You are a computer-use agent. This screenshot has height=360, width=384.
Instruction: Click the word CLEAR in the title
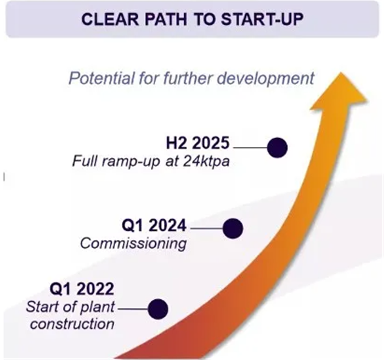[x=110, y=19]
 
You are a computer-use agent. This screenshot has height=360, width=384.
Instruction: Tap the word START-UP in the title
[x=262, y=19]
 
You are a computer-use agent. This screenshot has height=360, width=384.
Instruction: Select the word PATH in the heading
[x=166, y=19]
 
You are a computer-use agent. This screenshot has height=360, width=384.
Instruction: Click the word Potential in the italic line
[x=101, y=78]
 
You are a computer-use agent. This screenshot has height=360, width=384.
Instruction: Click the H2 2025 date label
[x=198, y=143]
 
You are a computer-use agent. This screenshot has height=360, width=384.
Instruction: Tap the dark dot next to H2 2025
[x=277, y=148]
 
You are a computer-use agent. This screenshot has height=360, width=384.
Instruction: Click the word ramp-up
[x=131, y=162]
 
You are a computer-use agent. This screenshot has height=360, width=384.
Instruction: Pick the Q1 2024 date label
[x=154, y=225]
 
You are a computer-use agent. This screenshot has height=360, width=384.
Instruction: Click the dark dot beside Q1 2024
[x=233, y=228]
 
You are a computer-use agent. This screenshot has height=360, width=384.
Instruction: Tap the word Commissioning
[x=133, y=244]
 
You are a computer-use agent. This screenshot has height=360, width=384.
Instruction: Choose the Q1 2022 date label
[x=82, y=289]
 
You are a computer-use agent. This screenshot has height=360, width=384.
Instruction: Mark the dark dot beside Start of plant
[x=158, y=309]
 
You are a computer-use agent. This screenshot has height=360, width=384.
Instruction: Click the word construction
[x=72, y=324]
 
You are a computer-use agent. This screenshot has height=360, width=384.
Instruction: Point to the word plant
[x=98, y=307]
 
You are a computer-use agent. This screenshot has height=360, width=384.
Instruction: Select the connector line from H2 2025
[x=250, y=148]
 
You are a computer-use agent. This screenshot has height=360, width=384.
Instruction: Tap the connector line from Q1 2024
[x=207, y=228]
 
